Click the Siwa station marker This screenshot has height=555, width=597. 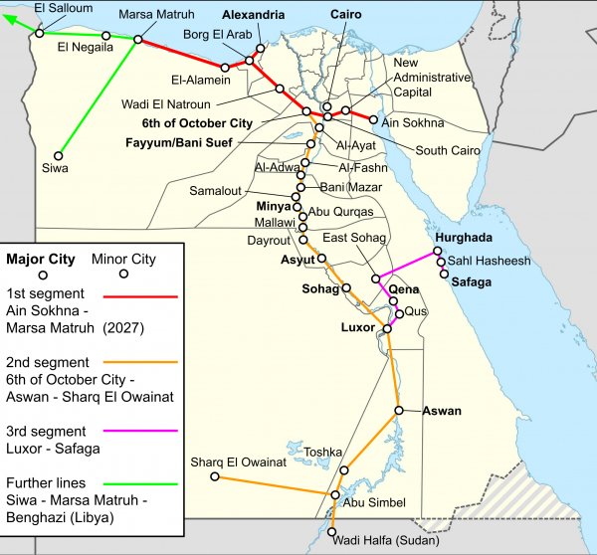(61, 155)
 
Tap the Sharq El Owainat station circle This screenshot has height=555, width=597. (214, 477)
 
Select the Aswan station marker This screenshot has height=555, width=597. (399, 410)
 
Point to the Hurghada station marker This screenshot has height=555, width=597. (438, 253)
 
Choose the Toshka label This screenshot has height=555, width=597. (323, 451)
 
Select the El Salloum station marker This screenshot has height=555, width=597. (38, 32)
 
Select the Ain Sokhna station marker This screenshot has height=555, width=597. (374, 120)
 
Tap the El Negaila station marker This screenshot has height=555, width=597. (104, 36)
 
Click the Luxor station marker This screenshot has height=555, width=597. (387, 327)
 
